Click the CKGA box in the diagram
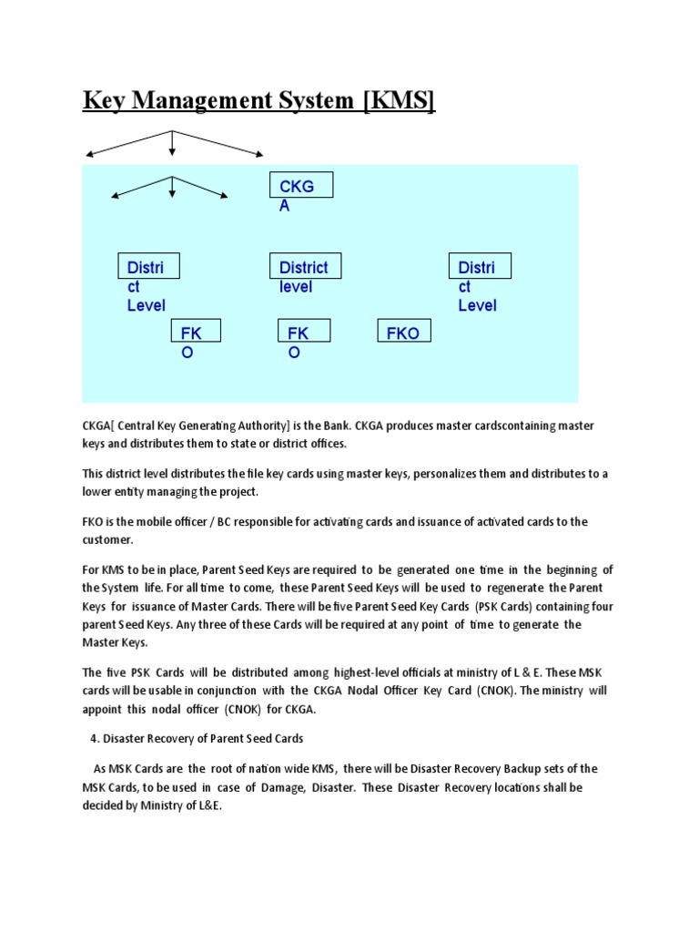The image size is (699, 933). (301, 186)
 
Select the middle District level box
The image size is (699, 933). (304, 267)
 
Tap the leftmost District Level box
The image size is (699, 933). (148, 267)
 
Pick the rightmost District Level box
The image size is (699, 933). (480, 267)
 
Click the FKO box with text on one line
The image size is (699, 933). (404, 333)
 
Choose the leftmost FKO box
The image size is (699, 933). (196, 333)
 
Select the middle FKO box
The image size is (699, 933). (303, 333)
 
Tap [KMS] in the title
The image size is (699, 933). (399, 100)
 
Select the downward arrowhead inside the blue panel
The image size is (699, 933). (172, 193)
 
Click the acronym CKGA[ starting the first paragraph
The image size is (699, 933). (97, 425)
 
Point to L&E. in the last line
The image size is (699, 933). (208, 805)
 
